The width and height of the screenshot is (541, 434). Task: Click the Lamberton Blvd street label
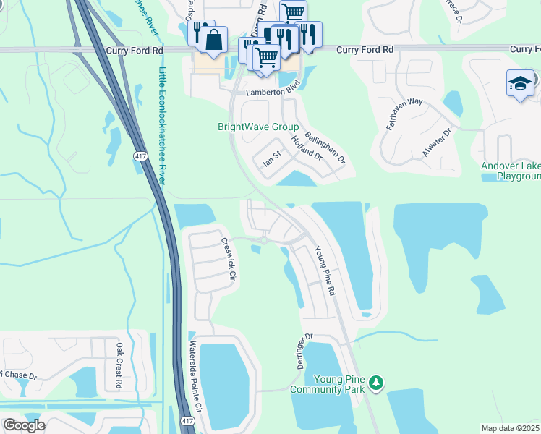273,93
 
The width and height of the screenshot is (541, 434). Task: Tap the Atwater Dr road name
436,144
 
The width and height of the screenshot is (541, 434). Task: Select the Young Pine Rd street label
325,271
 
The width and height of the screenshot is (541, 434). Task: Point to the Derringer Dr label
304,351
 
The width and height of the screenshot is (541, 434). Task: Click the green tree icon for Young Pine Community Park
375,381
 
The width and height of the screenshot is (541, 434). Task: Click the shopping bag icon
214,40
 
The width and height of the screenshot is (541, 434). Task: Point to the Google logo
23,425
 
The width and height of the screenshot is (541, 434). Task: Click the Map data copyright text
510,428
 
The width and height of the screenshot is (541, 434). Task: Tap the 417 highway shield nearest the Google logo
187,421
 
